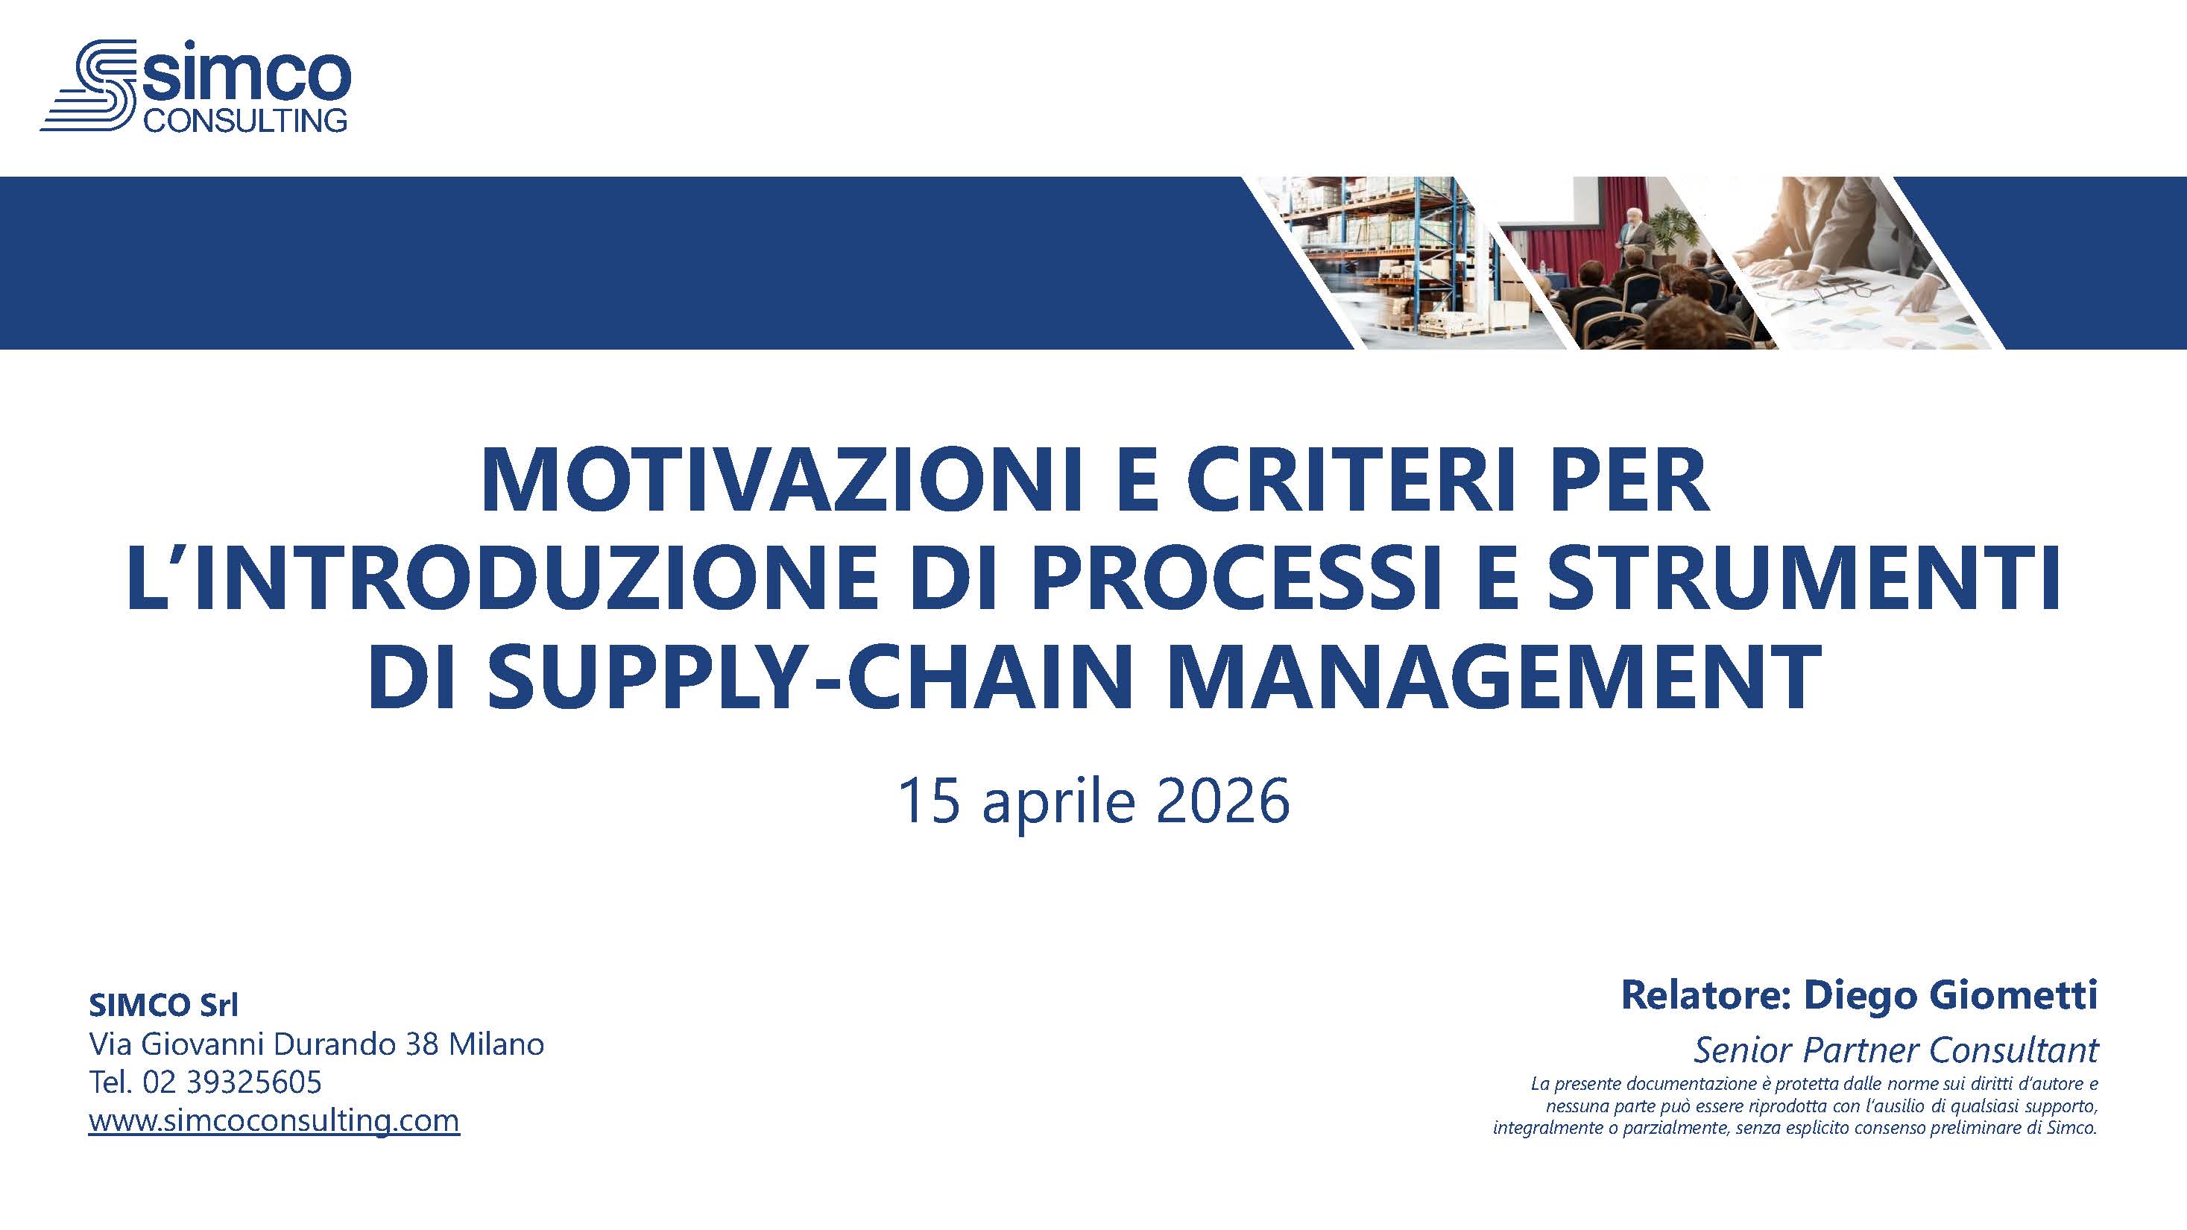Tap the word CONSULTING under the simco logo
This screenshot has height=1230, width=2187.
(x=245, y=119)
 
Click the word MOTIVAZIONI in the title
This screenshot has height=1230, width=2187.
(x=783, y=483)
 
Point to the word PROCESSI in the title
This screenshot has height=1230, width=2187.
(x=1236, y=581)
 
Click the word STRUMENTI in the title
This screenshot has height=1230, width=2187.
(x=1805, y=581)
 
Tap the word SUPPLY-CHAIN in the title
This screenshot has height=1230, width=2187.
(x=811, y=678)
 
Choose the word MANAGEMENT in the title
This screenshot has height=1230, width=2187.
(x=1496, y=678)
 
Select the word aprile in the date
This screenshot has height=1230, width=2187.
(x=1058, y=803)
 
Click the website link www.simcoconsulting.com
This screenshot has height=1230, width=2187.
(x=274, y=1120)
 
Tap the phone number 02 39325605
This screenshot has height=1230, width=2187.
(x=233, y=1082)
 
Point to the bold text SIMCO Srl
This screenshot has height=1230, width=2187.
(x=164, y=1006)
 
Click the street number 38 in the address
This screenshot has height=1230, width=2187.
(x=423, y=1044)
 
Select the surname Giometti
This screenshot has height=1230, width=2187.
(x=2014, y=995)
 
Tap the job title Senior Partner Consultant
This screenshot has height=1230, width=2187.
(x=1896, y=1051)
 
